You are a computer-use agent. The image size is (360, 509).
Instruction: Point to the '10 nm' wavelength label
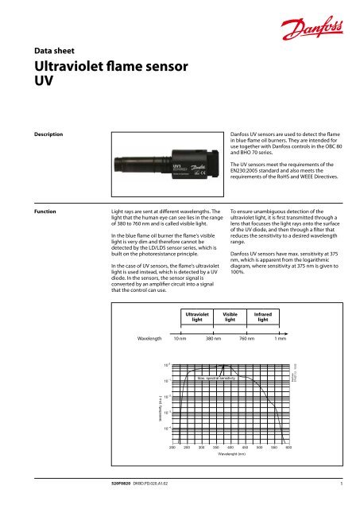[x=181, y=339]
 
